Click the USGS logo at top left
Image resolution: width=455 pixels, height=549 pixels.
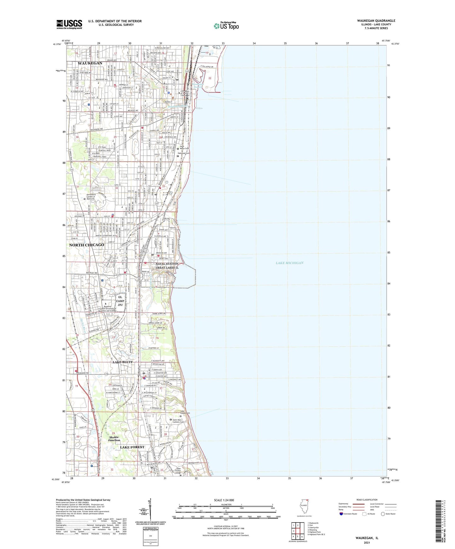click(x=69, y=24)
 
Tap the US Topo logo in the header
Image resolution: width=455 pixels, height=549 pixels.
click(x=226, y=25)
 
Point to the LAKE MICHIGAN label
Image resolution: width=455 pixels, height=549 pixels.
click(x=289, y=263)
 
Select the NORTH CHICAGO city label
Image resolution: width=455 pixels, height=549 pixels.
click(x=87, y=245)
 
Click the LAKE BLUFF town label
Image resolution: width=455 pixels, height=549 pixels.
click(x=123, y=362)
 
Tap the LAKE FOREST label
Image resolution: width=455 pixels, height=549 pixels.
click(x=132, y=447)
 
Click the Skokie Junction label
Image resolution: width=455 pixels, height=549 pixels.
click(x=114, y=439)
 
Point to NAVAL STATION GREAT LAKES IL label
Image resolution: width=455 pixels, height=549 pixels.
click(x=167, y=266)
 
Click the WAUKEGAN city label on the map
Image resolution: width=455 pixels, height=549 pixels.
click(x=90, y=63)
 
